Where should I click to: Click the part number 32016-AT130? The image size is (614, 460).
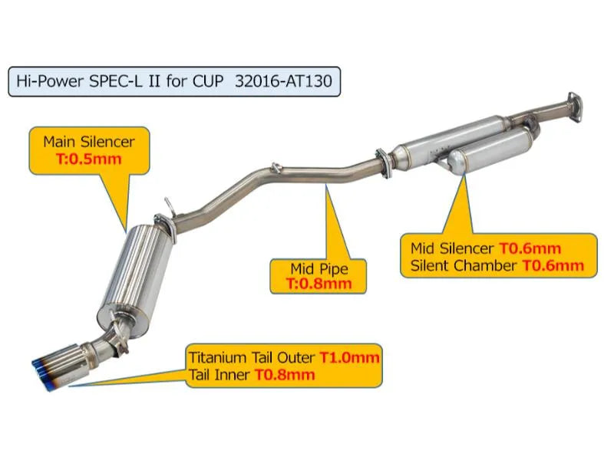point(283,81)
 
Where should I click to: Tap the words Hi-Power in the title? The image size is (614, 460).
point(50,81)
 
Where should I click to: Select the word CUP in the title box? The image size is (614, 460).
point(208,81)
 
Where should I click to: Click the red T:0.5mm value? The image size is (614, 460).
point(88,159)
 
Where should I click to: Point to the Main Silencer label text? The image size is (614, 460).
point(89,142)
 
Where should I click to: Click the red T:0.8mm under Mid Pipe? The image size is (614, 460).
point(319,283)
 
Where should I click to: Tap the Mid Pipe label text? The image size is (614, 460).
point(319,269)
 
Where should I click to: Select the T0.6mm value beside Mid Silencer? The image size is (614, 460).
point(530,248)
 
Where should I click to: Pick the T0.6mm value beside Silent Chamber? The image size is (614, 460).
point(553,265)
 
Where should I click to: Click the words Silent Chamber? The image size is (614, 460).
point(464,265)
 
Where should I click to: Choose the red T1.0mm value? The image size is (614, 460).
point(350,357)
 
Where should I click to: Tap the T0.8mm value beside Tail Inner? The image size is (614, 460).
point(285,375)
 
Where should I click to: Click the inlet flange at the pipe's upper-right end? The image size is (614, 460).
point(573,107)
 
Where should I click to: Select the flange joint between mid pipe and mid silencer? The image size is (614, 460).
point(384,163)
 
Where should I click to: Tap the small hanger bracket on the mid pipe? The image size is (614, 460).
point(276,167)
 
